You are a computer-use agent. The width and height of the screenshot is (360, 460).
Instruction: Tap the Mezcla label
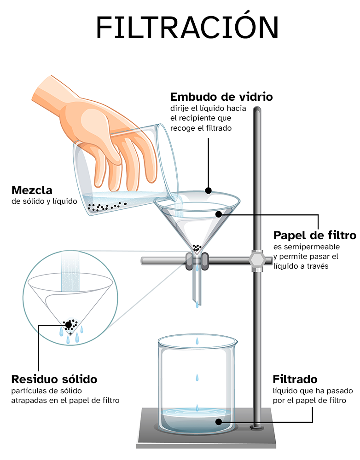click(x=32, y=190)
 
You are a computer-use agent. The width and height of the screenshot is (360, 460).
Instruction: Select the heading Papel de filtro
click(x=314, y=236)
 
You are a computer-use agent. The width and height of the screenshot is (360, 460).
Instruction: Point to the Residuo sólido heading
click(x=54, y=379)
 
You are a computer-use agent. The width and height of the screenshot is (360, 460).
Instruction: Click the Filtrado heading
click(x=295, y=379)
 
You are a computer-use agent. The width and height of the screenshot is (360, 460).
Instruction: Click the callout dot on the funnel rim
click(x=208, y=190)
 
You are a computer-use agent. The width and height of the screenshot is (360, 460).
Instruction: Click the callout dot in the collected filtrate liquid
click(x=219, y=421)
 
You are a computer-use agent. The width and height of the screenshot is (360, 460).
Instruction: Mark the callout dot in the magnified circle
click(x=69, y=325)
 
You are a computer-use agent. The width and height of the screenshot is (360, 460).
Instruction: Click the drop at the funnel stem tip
click(x=197, y=304)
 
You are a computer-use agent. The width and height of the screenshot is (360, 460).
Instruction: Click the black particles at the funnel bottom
click(x=197, y=248)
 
